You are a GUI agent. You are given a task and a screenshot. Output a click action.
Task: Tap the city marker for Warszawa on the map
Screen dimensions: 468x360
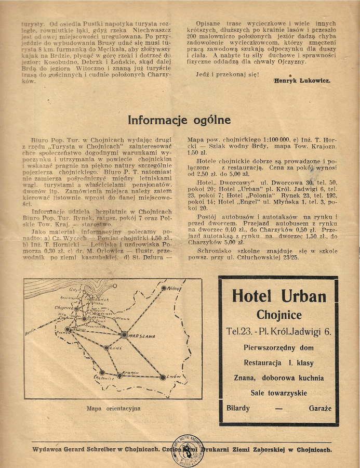pyautogui.click(x=124, y=335)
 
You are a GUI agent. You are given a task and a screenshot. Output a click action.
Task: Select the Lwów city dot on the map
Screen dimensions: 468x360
pyautogui.click(x=163, y=378)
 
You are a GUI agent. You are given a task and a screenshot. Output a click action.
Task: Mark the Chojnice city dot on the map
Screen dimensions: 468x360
pyautogui.click(x=76, y=309)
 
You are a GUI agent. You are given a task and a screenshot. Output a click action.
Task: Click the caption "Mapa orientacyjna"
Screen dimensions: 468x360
pyautogui.click(x=114, y=409)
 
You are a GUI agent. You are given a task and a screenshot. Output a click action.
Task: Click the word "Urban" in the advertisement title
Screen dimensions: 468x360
pyautogui.click(x=304, y=296)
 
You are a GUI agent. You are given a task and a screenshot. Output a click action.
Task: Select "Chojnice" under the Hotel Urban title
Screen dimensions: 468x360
pyautogui.click(x=278, y=315)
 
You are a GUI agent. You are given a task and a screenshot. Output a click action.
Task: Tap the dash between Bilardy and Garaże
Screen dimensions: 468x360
pyautogui.click(x=278, y=409)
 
